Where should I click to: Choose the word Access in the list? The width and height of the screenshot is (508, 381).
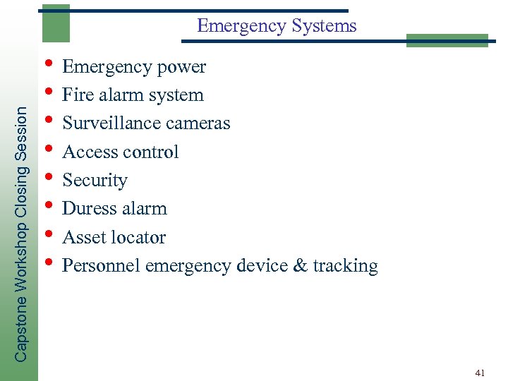point(90,152)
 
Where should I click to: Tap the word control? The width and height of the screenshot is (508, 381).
point(150,152)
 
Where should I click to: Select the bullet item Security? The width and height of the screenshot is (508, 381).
point(95,181)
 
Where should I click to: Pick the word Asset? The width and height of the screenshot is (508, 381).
point(83,238)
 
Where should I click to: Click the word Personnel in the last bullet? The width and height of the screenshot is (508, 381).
point(102,266)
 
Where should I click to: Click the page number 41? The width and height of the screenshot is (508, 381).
point(480,372)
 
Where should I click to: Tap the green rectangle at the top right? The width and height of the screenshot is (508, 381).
point(447,40)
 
